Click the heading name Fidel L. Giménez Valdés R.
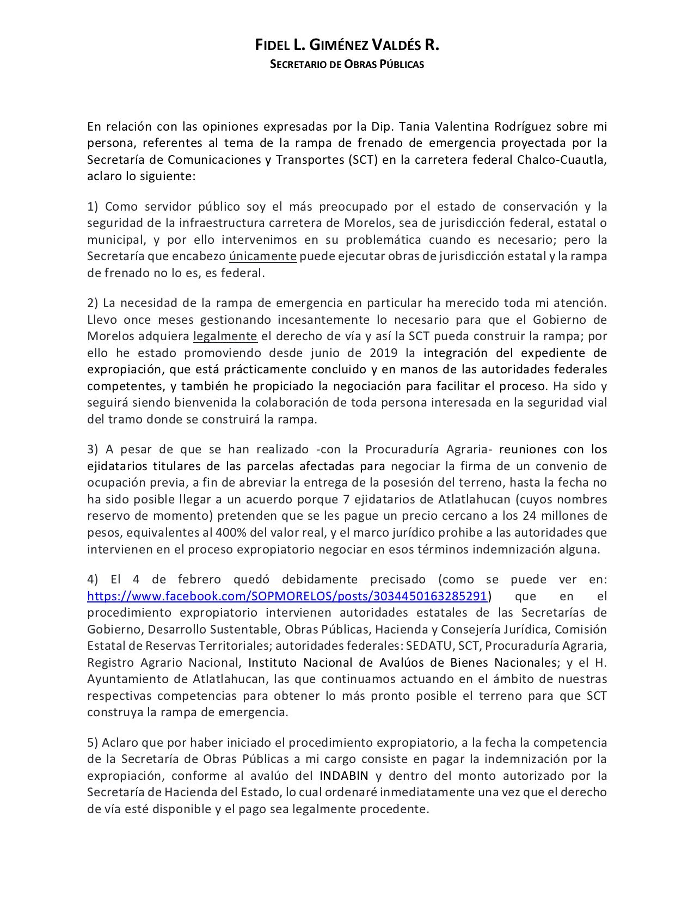click(347, 46)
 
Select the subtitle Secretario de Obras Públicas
click(347, 64)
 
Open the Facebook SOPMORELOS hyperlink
click(287, 596)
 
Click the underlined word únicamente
click(263, 256)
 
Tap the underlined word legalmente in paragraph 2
click(225, 336)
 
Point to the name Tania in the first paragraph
click(416, 127)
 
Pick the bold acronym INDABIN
click(344, 776)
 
